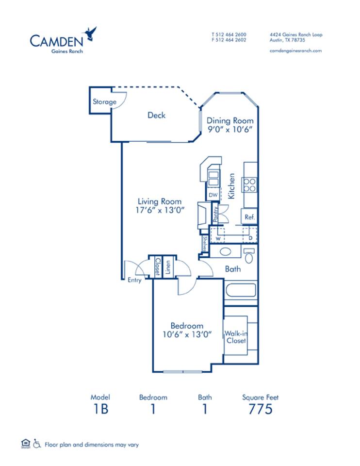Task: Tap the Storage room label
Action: pos(105,102)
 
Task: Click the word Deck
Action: pos(156,115)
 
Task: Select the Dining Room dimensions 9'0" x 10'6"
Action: pos(230,130)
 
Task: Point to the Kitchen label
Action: pos(232,186)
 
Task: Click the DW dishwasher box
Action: pos(213,195)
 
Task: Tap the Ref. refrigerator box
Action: pos(249,217)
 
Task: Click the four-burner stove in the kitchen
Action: pos(249,185)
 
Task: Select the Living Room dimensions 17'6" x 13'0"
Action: pos(159,210)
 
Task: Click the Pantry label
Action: pos(215,214)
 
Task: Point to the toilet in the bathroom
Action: pos(249,255)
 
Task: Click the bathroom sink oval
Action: pos(225,252)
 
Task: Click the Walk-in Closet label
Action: pos(236,337)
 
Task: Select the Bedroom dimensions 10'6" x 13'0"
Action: pos(186,334)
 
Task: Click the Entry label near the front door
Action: pos(134,280)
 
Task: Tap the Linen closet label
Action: pos(167,266)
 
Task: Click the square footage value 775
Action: pos(260,409)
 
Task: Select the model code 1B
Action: pos(100,409)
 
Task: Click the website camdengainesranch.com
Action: pos(295,50)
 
